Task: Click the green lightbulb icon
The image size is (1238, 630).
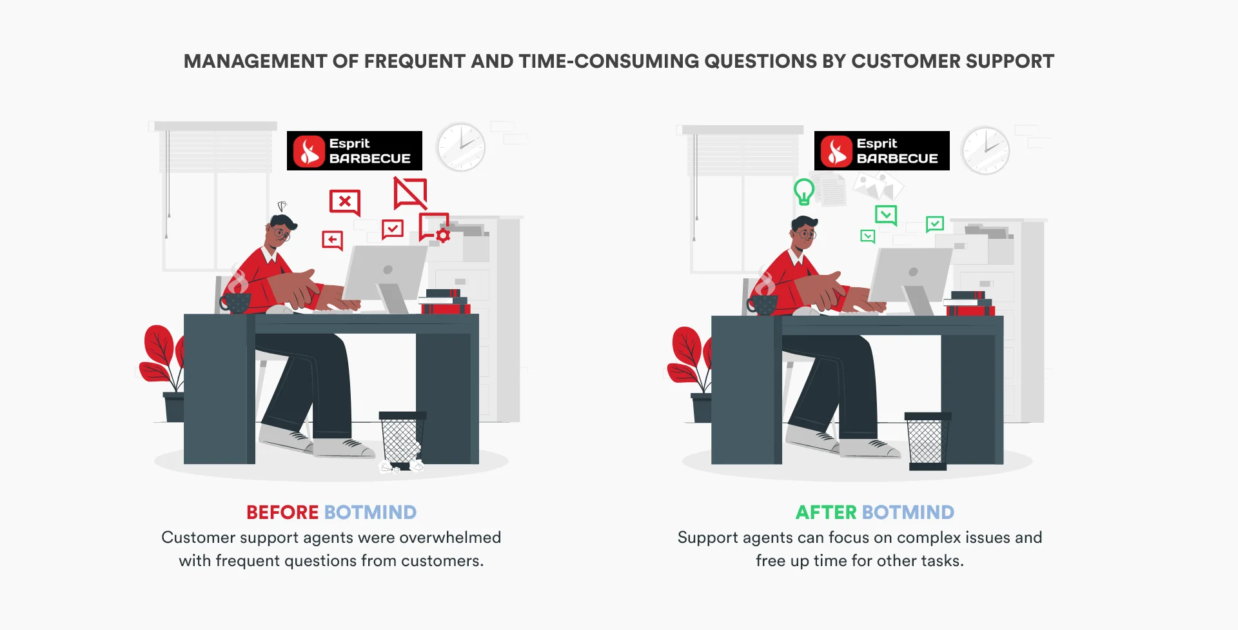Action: click(803, 192)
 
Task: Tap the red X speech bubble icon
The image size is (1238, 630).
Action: click(344, 201)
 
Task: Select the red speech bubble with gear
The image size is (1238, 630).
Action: click(434, 227)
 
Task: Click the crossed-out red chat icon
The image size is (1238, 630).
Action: click(410, 193)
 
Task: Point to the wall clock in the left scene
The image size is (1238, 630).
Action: click(460, 147)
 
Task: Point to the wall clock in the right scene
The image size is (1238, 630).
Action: click(985, 150)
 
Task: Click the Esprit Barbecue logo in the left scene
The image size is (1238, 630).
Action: click(354, 151)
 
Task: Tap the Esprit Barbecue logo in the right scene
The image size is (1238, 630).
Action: click(881, 151)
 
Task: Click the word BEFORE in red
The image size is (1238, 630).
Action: click(282, 513)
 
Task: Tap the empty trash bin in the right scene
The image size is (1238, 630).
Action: click(927, 440)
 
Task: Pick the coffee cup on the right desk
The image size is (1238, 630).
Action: click(763, 304)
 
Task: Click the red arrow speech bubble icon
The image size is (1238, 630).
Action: click(332, 240)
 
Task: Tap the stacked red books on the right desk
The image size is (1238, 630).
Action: click(970, 305)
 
